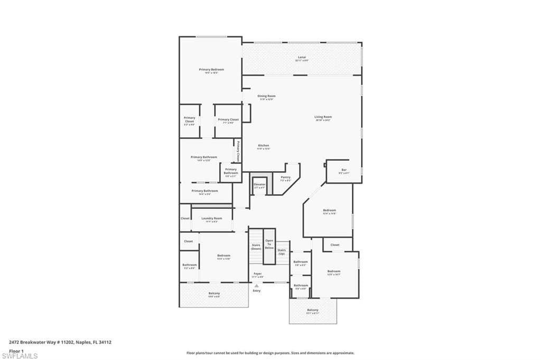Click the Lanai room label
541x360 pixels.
[302, 58]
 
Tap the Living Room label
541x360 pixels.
[323, 117]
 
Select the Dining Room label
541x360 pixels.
[266, 96]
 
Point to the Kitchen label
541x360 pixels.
[264, 146]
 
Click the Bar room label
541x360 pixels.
[344, 170]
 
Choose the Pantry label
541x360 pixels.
[285, 177]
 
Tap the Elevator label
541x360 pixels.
[259, 184]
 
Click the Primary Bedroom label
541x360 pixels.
[211, 70]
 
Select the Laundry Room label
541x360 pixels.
[211, 218]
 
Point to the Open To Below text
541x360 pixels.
[269, 244]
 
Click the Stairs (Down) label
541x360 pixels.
[256, 247]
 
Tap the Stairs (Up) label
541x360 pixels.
[282, 251]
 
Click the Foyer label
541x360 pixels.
[257, 274]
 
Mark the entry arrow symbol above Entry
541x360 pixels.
[257, 286]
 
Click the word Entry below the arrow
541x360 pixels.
[257, 291]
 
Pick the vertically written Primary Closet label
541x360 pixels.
[238, 150]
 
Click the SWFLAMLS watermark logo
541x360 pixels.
[20, 356]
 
